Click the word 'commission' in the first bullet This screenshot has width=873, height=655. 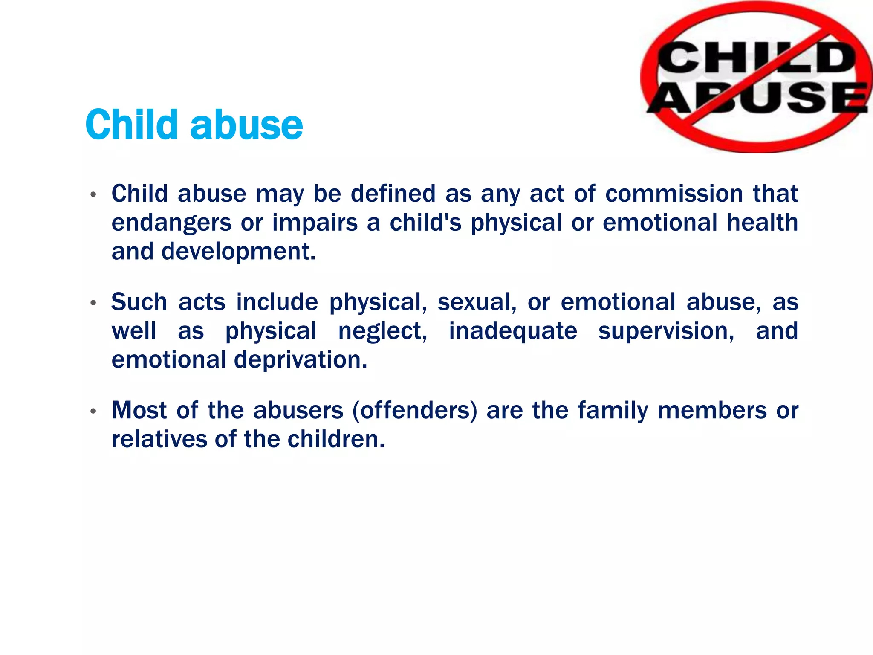click(674, 194)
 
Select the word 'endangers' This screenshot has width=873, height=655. click(171, 223)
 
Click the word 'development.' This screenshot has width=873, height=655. click(239, 251)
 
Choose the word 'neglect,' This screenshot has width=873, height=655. click(382, 331)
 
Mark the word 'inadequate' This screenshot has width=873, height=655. click(513, 331)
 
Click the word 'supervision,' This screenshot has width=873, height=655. click(666, 331)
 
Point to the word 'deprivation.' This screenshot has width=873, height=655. click(301, 359)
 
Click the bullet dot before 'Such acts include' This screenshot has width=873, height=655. click(93, 303)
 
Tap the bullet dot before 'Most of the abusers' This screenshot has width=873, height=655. click(93, 412)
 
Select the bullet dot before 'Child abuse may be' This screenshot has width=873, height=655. click(93, 195)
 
